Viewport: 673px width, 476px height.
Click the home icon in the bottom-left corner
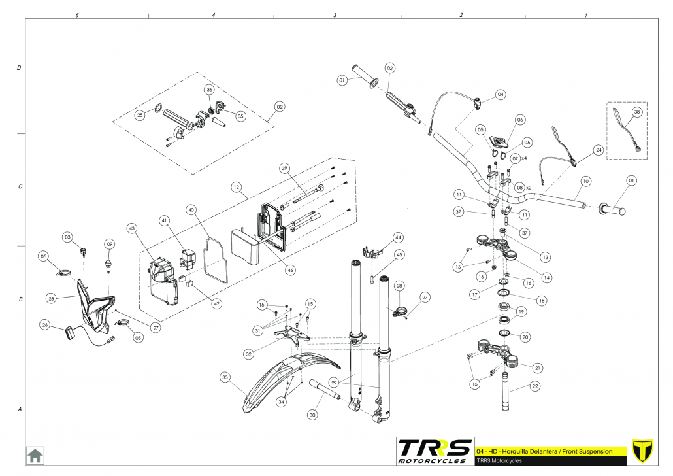(35, 455)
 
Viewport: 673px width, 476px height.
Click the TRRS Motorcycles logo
(435, 451)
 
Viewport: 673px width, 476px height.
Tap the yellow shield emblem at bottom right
(642, 451)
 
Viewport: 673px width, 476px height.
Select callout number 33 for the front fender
(225, 378)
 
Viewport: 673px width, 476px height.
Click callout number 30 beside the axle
(312, 415)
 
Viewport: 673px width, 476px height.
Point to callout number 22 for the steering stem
(534, 386)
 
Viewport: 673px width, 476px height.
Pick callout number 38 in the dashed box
(636, 112)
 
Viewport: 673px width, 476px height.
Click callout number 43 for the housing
(132, 228)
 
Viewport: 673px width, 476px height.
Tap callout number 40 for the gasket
(191, 210)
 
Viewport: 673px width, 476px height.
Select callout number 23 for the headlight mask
(52, 299)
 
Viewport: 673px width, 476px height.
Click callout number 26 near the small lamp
(45, 325)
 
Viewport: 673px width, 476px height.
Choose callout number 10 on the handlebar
(586, 181)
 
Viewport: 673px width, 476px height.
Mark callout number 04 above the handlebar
(501, 95)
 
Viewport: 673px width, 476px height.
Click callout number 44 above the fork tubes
(399, 237)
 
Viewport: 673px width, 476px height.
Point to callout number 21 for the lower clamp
(537, 367)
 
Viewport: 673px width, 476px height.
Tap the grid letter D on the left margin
(19, 68)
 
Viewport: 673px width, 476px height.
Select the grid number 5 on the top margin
(77, 15)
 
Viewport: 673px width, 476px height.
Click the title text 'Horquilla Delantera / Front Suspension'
(557, 452)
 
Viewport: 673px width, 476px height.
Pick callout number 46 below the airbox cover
(291, 270)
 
